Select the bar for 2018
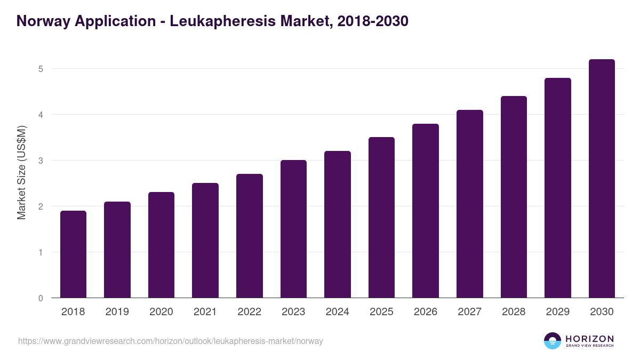[73, 254]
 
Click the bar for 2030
[602, 179]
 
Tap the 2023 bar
[293, 229]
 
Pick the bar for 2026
[426, 211]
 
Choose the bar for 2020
[161, 245]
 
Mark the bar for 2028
[514, 197]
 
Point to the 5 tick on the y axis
[40, 69]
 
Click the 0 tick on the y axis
[40, 298]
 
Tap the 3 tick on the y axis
[40, 161]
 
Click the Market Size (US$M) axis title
[22, 172]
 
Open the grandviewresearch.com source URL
[170, 341]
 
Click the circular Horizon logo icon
[553, 341]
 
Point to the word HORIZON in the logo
[589, 338]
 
